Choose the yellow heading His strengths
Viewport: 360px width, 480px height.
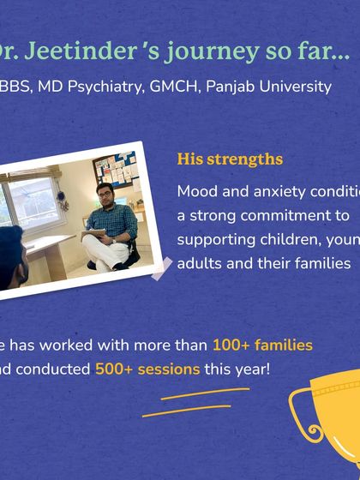point(230,159)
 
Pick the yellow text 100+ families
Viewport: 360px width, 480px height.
point(262,345)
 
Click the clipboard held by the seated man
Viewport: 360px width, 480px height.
point(93,233)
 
